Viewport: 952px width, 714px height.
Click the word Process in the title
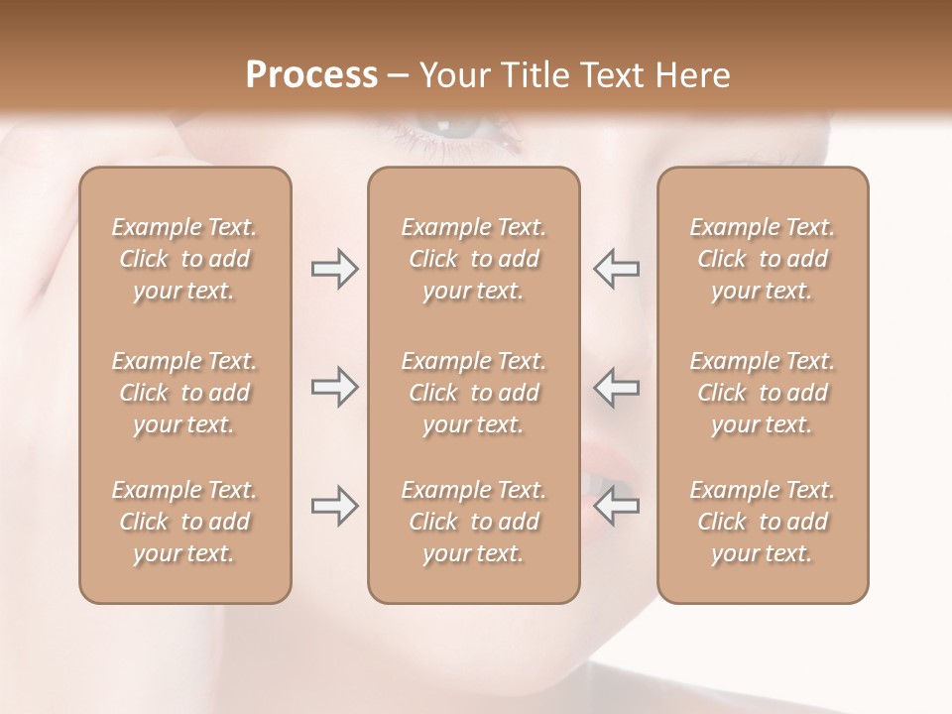tap(311, 75)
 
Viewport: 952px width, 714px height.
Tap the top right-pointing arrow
tap(334, 269)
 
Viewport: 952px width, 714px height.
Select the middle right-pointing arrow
tap(334, 387)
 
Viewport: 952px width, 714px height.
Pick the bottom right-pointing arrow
tap(334, 506)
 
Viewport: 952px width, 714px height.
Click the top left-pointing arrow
tap(617, 269)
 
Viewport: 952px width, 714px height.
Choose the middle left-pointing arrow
tap(617, 387)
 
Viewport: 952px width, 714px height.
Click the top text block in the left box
tap(184, 259)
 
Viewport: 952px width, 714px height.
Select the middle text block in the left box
tap(184, 393)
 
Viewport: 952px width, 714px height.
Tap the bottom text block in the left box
tap(184, 522)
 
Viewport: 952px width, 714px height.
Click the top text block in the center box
tap(474, 259)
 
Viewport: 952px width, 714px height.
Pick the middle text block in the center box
tap(474, 393)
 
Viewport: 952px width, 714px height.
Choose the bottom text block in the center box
tap(474, 522)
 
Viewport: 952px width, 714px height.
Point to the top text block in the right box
tap(763, 259)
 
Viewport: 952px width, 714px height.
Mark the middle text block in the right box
tap(763, 393)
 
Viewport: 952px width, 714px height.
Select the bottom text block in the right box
tap(763, 522)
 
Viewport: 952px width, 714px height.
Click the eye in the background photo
tap(452, 134)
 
